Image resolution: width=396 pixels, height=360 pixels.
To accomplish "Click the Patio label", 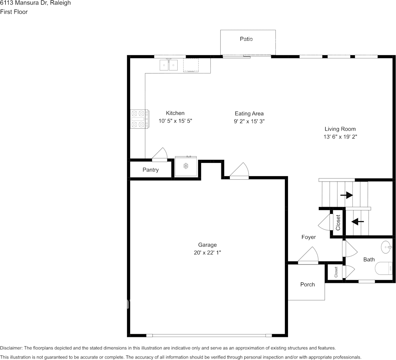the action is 246,39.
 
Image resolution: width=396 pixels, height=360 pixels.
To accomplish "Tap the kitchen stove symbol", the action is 139,119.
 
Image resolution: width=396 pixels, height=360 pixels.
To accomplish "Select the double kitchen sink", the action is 169,65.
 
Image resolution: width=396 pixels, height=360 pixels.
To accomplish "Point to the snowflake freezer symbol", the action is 186,166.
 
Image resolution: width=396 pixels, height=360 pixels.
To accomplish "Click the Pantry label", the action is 151,170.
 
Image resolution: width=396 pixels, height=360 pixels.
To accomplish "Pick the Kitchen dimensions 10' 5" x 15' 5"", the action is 175,121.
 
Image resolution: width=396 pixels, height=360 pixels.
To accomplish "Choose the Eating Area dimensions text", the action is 249,121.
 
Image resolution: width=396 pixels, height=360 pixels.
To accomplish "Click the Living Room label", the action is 340,129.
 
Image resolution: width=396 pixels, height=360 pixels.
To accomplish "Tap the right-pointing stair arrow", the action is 347,195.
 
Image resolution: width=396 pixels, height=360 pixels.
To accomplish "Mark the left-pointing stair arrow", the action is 358,222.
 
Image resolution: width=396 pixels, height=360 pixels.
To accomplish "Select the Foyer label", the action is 309,237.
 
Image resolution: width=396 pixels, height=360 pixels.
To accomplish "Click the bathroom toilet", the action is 383,268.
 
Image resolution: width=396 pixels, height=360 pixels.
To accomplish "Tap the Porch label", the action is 308,285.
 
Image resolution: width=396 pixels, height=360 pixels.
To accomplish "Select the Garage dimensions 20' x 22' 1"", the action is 207,253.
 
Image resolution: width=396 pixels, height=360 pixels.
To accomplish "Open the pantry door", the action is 159,155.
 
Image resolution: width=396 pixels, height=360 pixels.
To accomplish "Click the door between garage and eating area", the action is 239,171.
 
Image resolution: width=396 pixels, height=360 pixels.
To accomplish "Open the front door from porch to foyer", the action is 308,256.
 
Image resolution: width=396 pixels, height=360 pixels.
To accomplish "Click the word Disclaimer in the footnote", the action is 11,348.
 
